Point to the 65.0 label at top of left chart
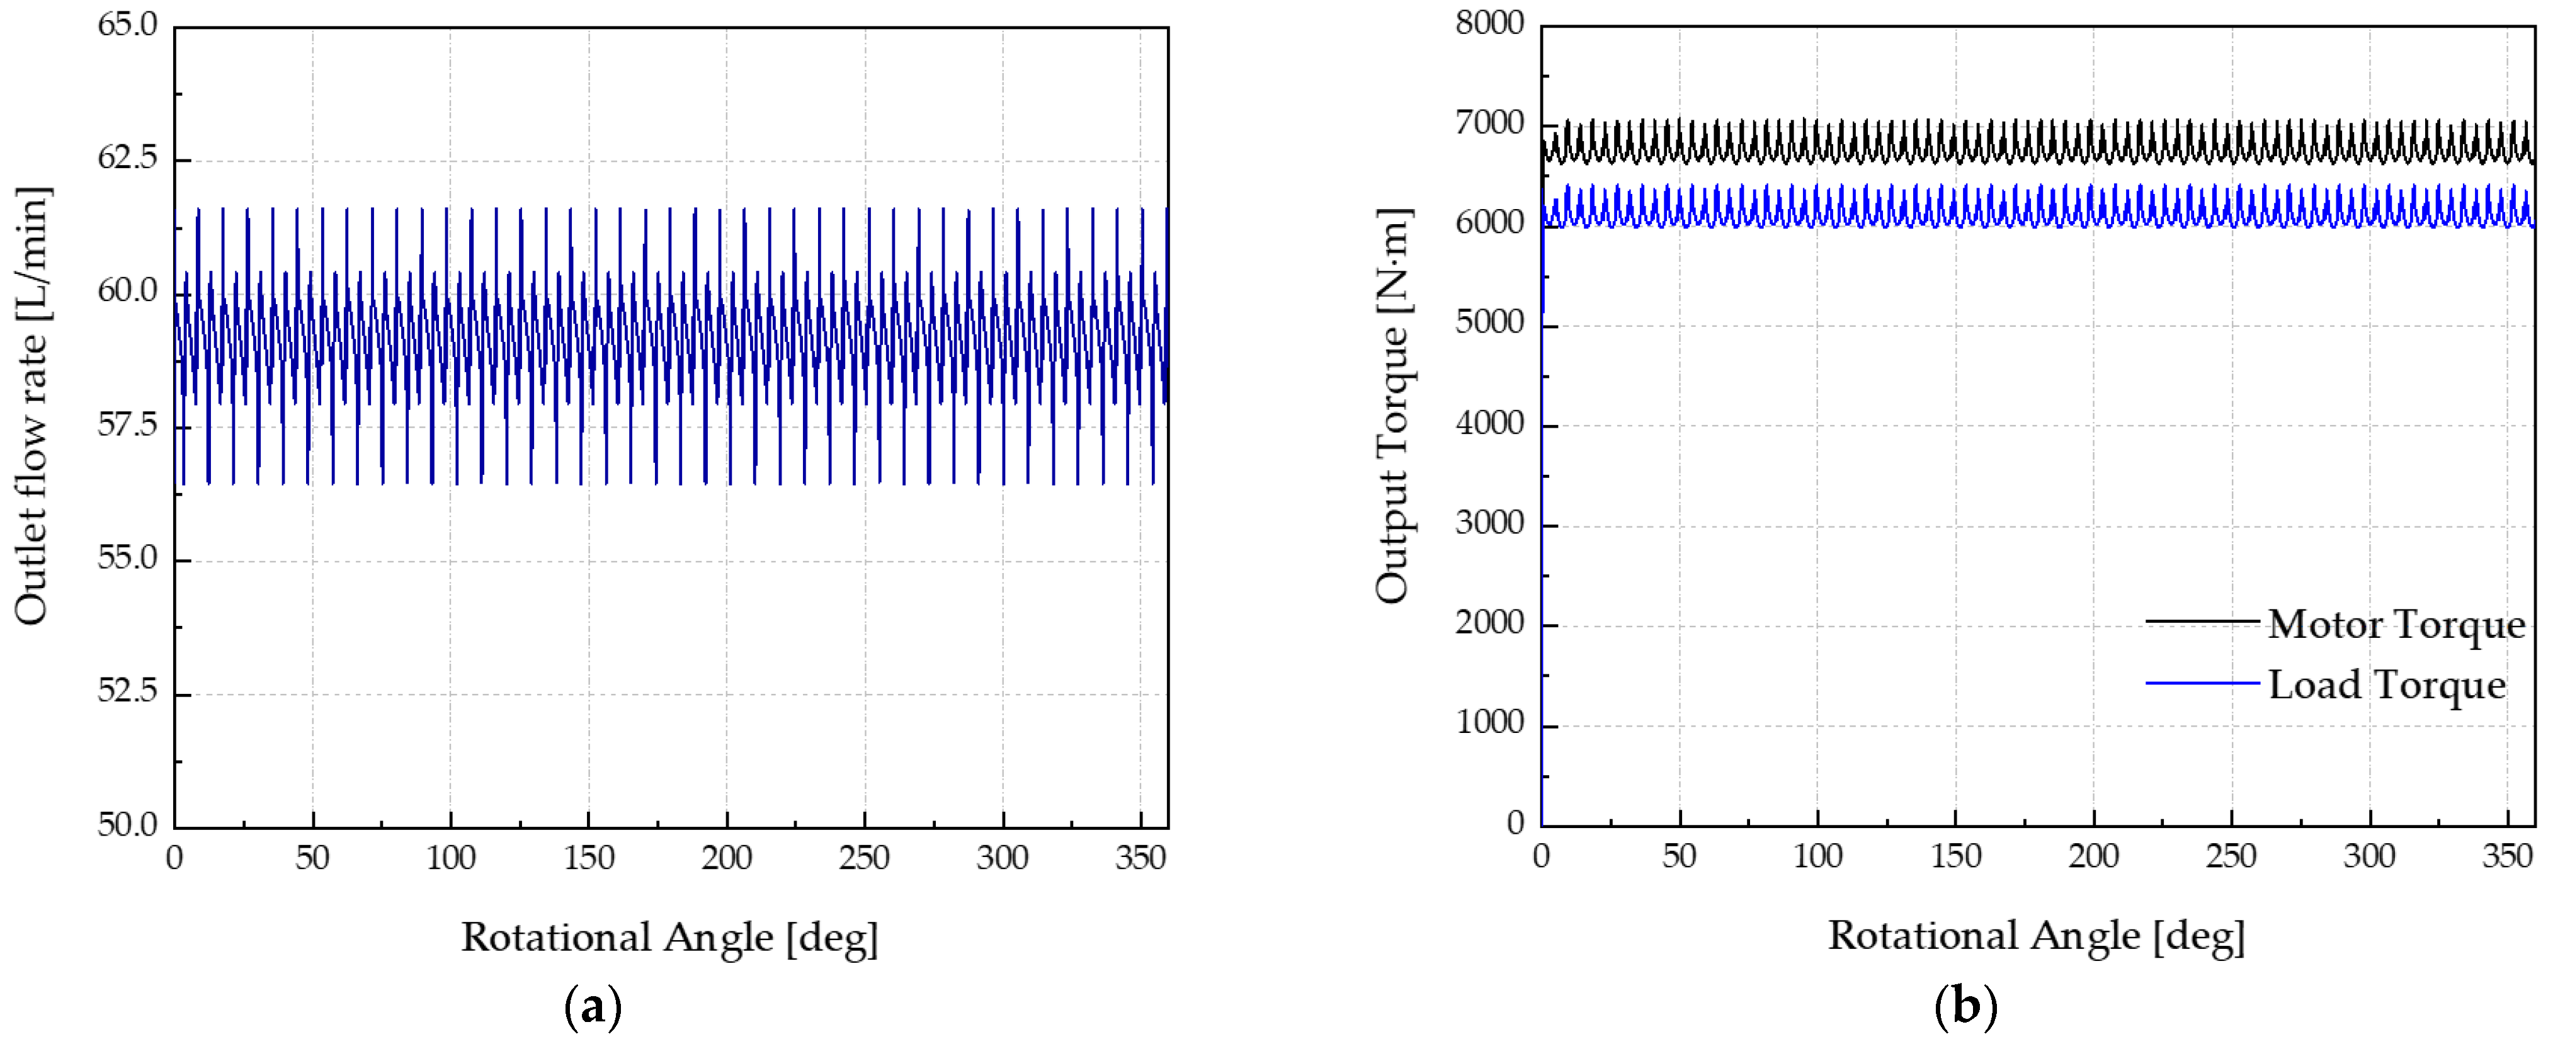[x=128, y=24]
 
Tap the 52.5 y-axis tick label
[x=128, y=691]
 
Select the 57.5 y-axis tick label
[x=128, y=425]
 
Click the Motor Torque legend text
[x=2396, y=625]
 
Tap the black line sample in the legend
[x=2202, y=622]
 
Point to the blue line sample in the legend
[x=2202, y=682]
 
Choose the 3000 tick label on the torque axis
[x=1489, y=523]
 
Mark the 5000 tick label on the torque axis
[x=1489, y=322]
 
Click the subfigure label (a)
[x=593, y=1008]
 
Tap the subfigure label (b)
[x=1964, y=1008]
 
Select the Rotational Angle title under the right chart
[x=2037, y=935]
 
